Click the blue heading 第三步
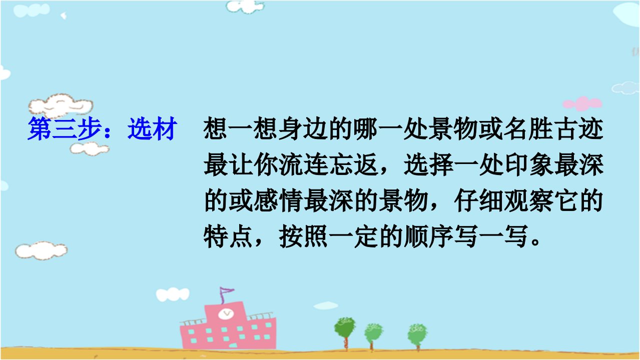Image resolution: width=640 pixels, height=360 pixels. (65, 128)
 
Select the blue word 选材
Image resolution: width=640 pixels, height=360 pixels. (152, 128)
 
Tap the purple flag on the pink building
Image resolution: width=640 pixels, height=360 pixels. (226, 294)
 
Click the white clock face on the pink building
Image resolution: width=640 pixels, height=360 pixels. (226, 314)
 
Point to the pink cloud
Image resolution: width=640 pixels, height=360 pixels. (582, 103)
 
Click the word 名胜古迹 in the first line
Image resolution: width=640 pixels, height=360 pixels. (553, 128)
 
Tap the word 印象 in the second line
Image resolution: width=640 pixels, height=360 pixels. (529, 164)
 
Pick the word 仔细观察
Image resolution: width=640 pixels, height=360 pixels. (504, 200)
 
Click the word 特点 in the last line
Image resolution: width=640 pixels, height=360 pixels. (228, 236)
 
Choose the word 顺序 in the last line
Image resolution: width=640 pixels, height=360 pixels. (429, 236)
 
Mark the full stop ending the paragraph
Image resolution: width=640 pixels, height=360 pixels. (535, 241)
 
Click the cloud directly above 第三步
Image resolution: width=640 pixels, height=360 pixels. (61, 105)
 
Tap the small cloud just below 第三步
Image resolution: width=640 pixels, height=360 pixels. (90, 148)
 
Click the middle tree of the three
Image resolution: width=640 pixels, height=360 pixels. (373, 336)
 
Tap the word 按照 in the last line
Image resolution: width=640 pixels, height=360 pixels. (303, 236)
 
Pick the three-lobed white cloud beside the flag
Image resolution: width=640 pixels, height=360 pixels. (173, 294)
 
